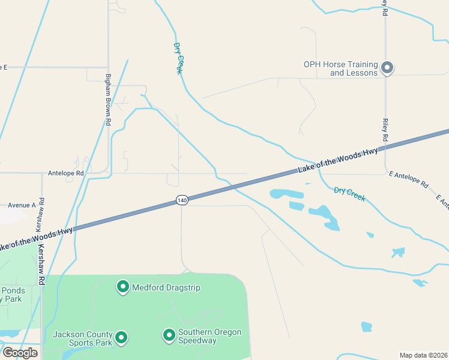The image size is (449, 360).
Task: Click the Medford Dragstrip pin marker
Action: tap(123, 287)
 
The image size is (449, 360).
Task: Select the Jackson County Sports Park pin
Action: tap(121, 338)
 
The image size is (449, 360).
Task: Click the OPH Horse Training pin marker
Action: tap(387, 68)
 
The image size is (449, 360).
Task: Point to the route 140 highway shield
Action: tap(182, 200)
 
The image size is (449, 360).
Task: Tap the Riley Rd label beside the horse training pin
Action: tap(385, 130)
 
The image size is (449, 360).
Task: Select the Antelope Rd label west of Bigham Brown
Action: tap(66, 173)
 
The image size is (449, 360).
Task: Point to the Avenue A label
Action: tap(22, 205)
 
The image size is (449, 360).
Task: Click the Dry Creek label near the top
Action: tap(178, 58)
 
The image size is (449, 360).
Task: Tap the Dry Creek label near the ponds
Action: tap(349, 194)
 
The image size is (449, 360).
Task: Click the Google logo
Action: tap(20, 353)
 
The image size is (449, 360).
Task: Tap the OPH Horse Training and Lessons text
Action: tap(340, 68)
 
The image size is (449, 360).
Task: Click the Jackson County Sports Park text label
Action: tap(83, 338)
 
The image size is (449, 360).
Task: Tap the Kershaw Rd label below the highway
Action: tap(41, 265)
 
